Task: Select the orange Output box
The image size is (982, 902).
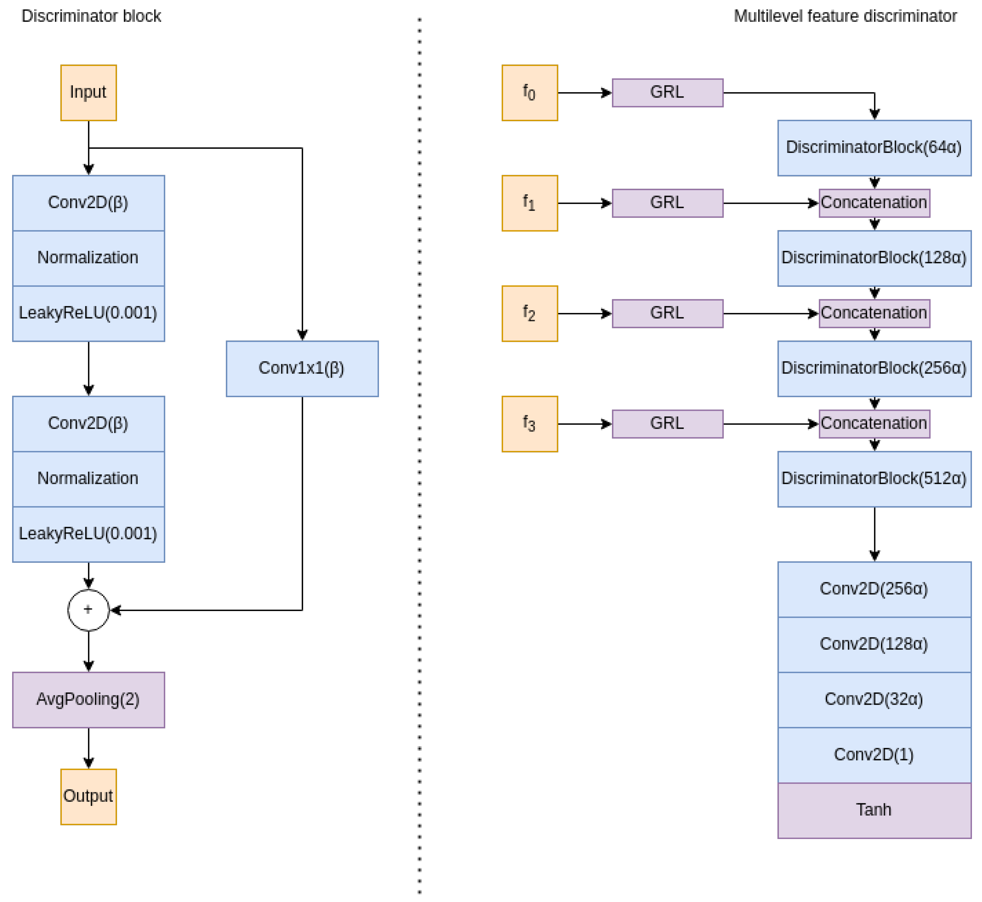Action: coord(88,797)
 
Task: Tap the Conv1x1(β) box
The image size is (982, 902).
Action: coord(302,368)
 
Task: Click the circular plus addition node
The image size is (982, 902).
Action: coord(88,610)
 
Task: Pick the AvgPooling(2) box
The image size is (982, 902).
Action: coord(88,700)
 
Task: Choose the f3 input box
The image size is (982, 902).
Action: coord(530,424)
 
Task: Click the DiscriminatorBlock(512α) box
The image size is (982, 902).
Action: coord(874,479)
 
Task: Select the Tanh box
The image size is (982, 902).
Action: coord(874,810)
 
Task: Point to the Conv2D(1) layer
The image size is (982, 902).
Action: coord(874,755)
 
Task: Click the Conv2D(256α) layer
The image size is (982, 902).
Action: coord(874,589)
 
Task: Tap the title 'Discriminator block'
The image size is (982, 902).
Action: coord(91,16)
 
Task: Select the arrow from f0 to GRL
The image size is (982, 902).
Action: coord(584,93)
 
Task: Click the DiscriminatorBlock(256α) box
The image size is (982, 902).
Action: coord(874,368)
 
